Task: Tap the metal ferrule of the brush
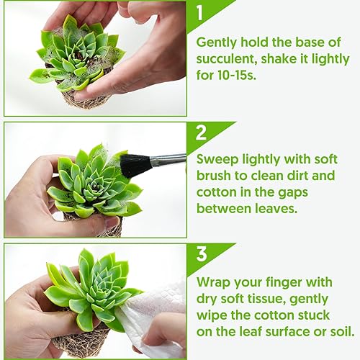(x=167, y=160)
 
